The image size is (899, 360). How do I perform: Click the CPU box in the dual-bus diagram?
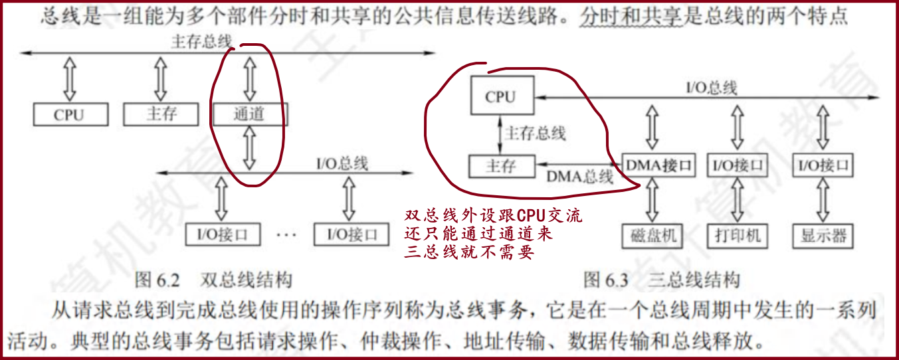point(69,114)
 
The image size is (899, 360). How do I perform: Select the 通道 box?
point(249,114)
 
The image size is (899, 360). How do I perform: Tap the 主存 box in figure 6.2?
point(161,114)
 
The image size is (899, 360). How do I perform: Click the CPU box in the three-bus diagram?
point(500,97)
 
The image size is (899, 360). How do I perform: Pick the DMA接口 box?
point(657,165)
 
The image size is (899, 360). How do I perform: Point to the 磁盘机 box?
point(653,236)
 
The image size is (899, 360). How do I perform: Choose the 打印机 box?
point(738,236)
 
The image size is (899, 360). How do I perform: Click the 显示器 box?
point(823,236)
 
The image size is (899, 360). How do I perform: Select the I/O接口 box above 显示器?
point(823,165)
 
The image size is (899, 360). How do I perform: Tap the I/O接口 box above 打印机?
point(738,165)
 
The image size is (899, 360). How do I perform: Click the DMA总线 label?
point(579,177)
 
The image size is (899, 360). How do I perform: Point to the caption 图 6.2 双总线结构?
point(213,280)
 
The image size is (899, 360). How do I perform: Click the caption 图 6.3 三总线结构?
point(662,280)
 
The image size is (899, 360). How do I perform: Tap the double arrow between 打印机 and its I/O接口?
point(737,200)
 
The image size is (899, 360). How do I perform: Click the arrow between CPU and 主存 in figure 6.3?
point(500,134)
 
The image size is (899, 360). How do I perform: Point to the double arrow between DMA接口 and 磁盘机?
point(652,200)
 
